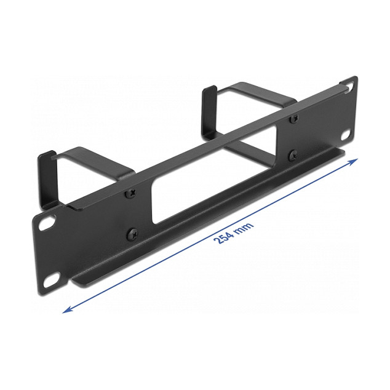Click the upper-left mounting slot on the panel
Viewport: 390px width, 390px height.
(47, 222)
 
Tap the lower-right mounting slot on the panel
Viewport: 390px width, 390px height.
(346, 135)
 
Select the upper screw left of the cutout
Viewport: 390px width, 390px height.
(132, 192)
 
